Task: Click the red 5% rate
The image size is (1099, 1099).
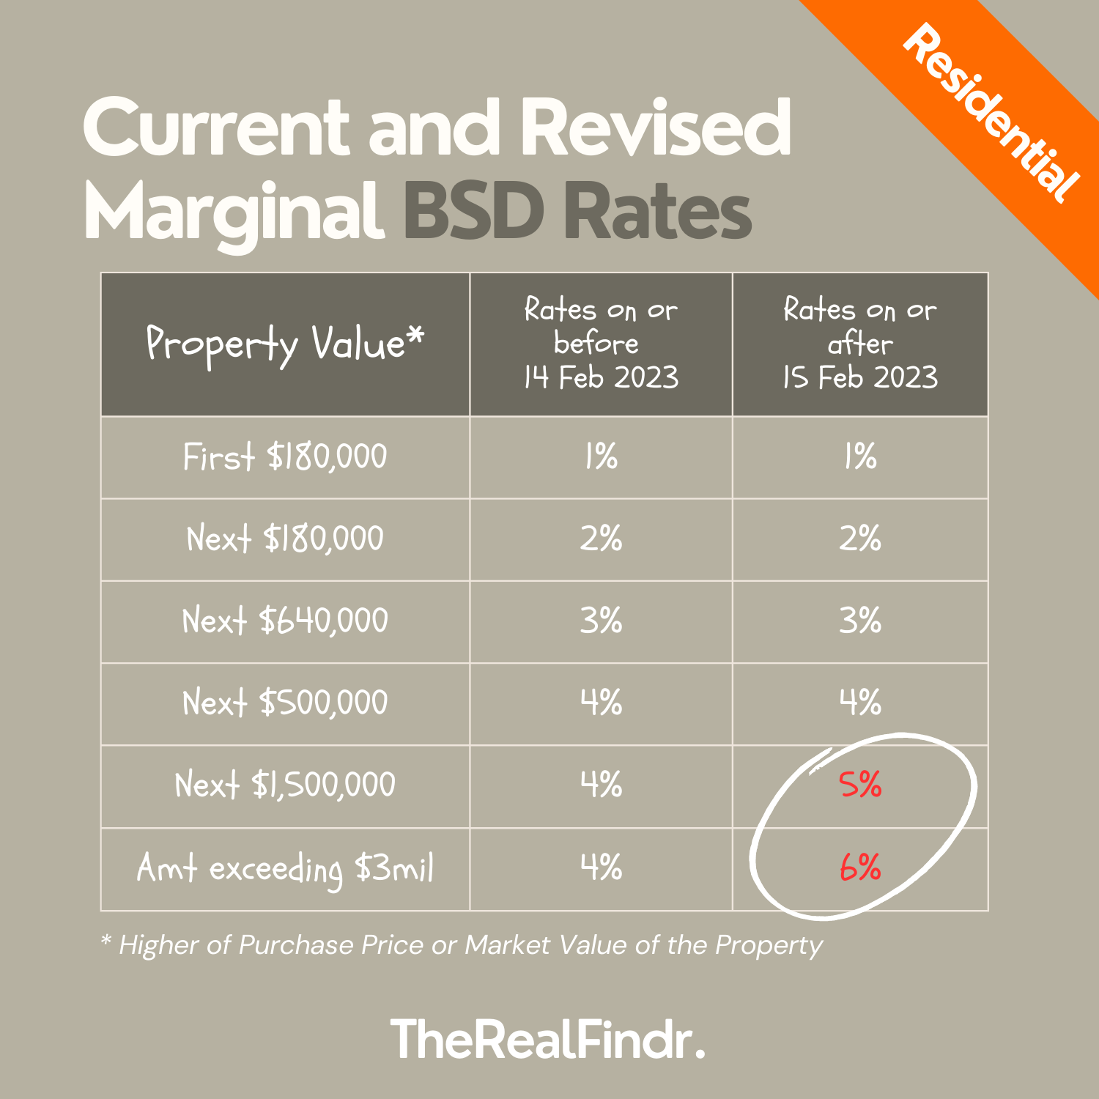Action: [860, 785]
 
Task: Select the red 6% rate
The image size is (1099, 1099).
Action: [860, 868]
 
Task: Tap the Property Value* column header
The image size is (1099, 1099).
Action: [285, 344]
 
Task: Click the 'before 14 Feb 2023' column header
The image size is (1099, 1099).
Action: [601, 344]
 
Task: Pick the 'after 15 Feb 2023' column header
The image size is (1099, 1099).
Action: [860, 344]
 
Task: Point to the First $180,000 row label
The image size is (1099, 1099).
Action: [285, 457]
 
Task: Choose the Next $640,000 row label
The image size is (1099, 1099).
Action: [285, 621]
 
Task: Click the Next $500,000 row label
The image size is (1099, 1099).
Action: [285, 703]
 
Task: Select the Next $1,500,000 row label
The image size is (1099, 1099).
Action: [285, 785]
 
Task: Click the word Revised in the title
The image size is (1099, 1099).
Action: [656, 128]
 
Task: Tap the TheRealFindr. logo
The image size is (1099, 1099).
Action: [548, 1040]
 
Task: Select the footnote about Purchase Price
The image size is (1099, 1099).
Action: [462, 945]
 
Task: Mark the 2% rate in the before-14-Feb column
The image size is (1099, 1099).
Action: [601, 539]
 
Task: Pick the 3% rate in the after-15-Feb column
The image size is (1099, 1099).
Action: [860, 621]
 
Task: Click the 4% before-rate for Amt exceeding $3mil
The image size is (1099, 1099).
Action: [601, 868]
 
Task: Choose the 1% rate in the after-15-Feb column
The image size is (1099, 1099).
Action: [860, 457]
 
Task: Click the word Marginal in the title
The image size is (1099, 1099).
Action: [234, 212]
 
